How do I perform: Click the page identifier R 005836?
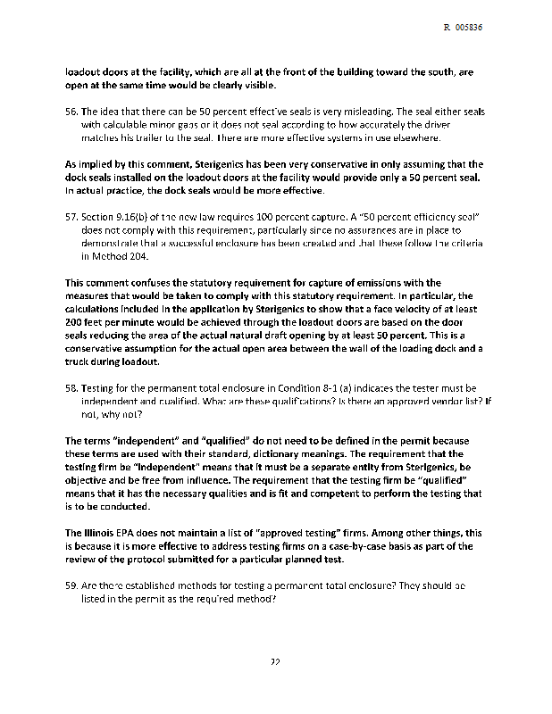tap(463, 28)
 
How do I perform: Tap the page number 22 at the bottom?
tap(276, 661)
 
